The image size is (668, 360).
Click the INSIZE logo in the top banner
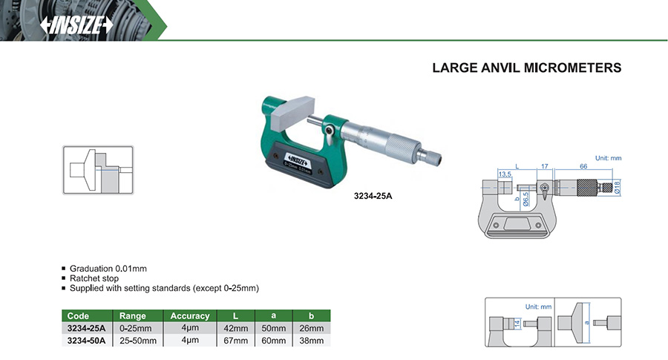pos(76,25)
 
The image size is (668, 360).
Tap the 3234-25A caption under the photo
pos(373,196)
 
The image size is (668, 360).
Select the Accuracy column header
pos(190,315)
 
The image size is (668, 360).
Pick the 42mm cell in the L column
pos(235,328)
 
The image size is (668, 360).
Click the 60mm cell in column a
pos(273,341)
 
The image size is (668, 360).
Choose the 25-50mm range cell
pos(138,341)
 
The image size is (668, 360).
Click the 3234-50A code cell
pos(87,341)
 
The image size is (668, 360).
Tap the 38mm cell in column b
pos(312,341)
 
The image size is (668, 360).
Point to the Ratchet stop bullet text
pos(94,278)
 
